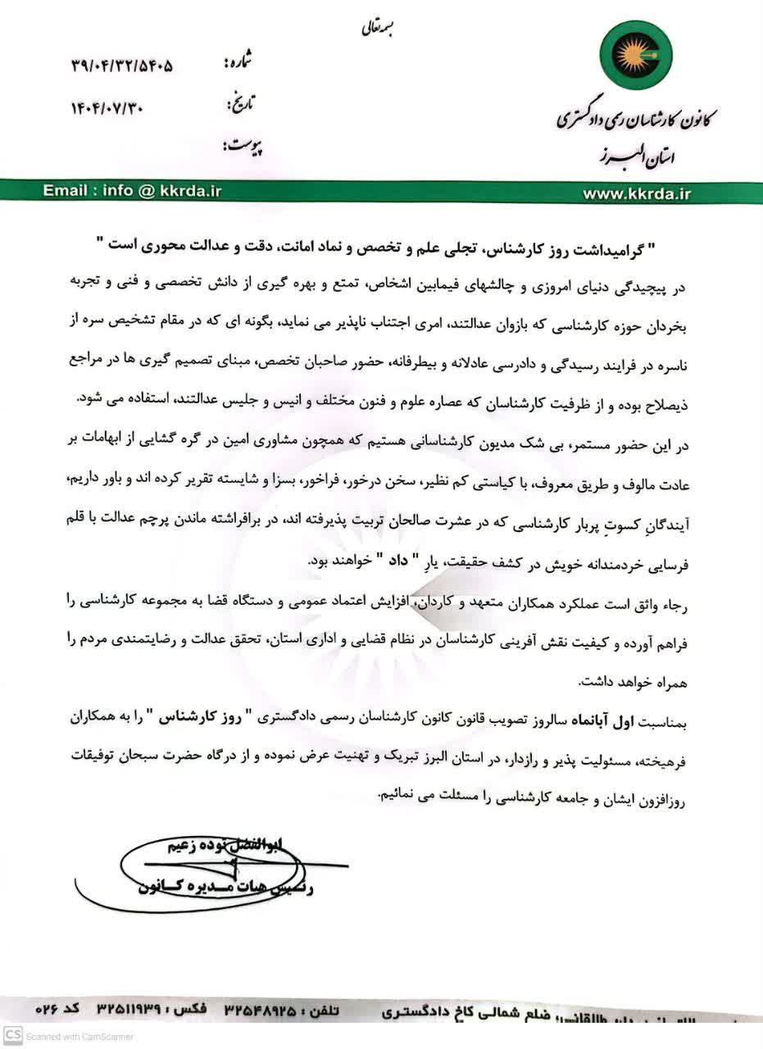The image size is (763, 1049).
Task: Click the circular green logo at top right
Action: pos(635,56)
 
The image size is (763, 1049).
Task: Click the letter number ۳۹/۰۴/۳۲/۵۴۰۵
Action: pos(122,66)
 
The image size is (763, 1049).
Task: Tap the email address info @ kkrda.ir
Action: pos(133,191)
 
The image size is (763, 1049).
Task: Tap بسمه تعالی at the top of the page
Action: pos(378,30)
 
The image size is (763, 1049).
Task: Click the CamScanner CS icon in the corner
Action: pos(11,1036)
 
